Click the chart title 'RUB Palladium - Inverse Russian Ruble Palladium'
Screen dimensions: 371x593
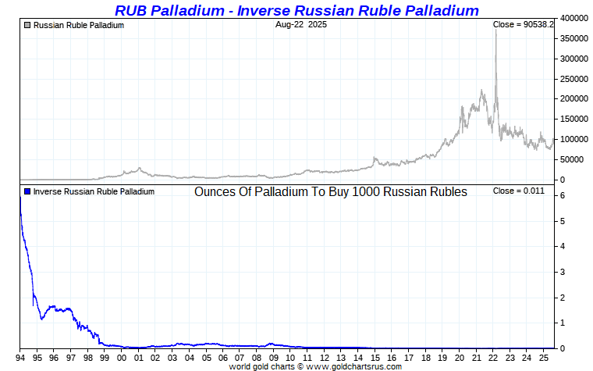[296, 10]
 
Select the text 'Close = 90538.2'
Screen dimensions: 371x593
[523, 25]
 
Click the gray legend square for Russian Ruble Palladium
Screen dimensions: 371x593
[28, 25]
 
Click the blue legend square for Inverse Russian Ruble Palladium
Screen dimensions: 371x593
[28, 191]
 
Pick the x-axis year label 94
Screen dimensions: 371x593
[20, 358]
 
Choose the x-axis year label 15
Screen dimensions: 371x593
[375, 358]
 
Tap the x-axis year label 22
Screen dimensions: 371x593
[492, 358]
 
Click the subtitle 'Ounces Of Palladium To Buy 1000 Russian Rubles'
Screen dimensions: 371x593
[331, 192]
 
